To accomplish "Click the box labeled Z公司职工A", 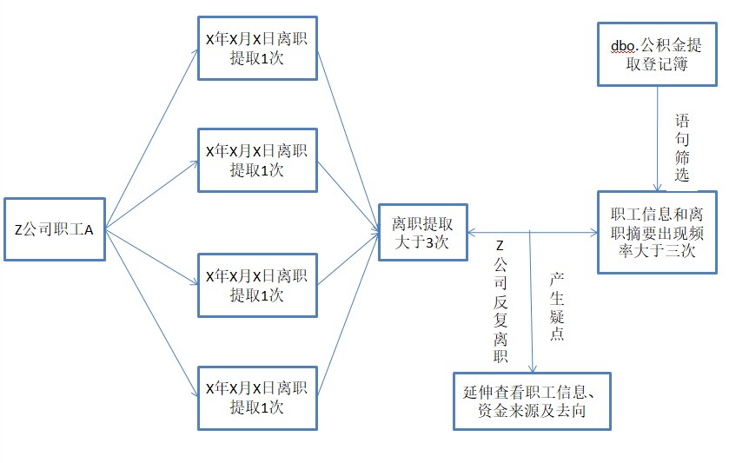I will pos(54,229).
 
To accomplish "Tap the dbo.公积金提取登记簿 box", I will pos(657,55).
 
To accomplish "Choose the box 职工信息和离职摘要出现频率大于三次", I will pos(657,232).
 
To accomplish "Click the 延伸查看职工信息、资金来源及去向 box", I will pos(532,400).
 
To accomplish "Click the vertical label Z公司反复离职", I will pos(500,301).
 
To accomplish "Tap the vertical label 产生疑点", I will pos(557,306).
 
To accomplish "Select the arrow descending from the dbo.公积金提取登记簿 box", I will pos(658,139).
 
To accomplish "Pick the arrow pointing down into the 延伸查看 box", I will pos(532,304).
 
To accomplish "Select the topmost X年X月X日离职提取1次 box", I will pos(257,48).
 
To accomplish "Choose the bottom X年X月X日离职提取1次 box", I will pos(257,397).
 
